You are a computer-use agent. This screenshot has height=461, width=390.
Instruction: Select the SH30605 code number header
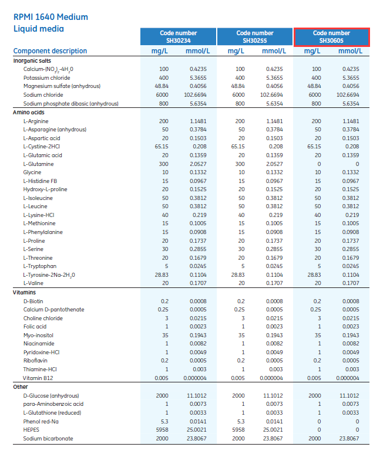(331, 37)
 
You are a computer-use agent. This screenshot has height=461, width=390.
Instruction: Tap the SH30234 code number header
(179, 37)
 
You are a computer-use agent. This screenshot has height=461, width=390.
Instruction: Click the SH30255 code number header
(255, 37)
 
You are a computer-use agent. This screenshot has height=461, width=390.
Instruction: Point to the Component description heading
(50, 51)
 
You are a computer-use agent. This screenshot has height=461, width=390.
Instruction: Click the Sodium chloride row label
(43, 94)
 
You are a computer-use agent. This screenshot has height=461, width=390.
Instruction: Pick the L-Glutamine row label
(38, 164)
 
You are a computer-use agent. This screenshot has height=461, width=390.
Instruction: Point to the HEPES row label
(31, 430)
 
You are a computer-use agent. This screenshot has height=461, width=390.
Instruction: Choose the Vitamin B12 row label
(38, 378)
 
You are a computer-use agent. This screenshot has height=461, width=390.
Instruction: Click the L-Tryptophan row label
(39, 266)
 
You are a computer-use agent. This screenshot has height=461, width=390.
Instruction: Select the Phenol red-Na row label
(41, 421)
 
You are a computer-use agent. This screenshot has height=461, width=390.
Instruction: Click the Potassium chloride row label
(47, 77)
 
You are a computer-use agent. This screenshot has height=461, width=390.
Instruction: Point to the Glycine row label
(32, 172)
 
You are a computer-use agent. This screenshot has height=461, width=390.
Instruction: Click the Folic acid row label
(35, 327)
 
